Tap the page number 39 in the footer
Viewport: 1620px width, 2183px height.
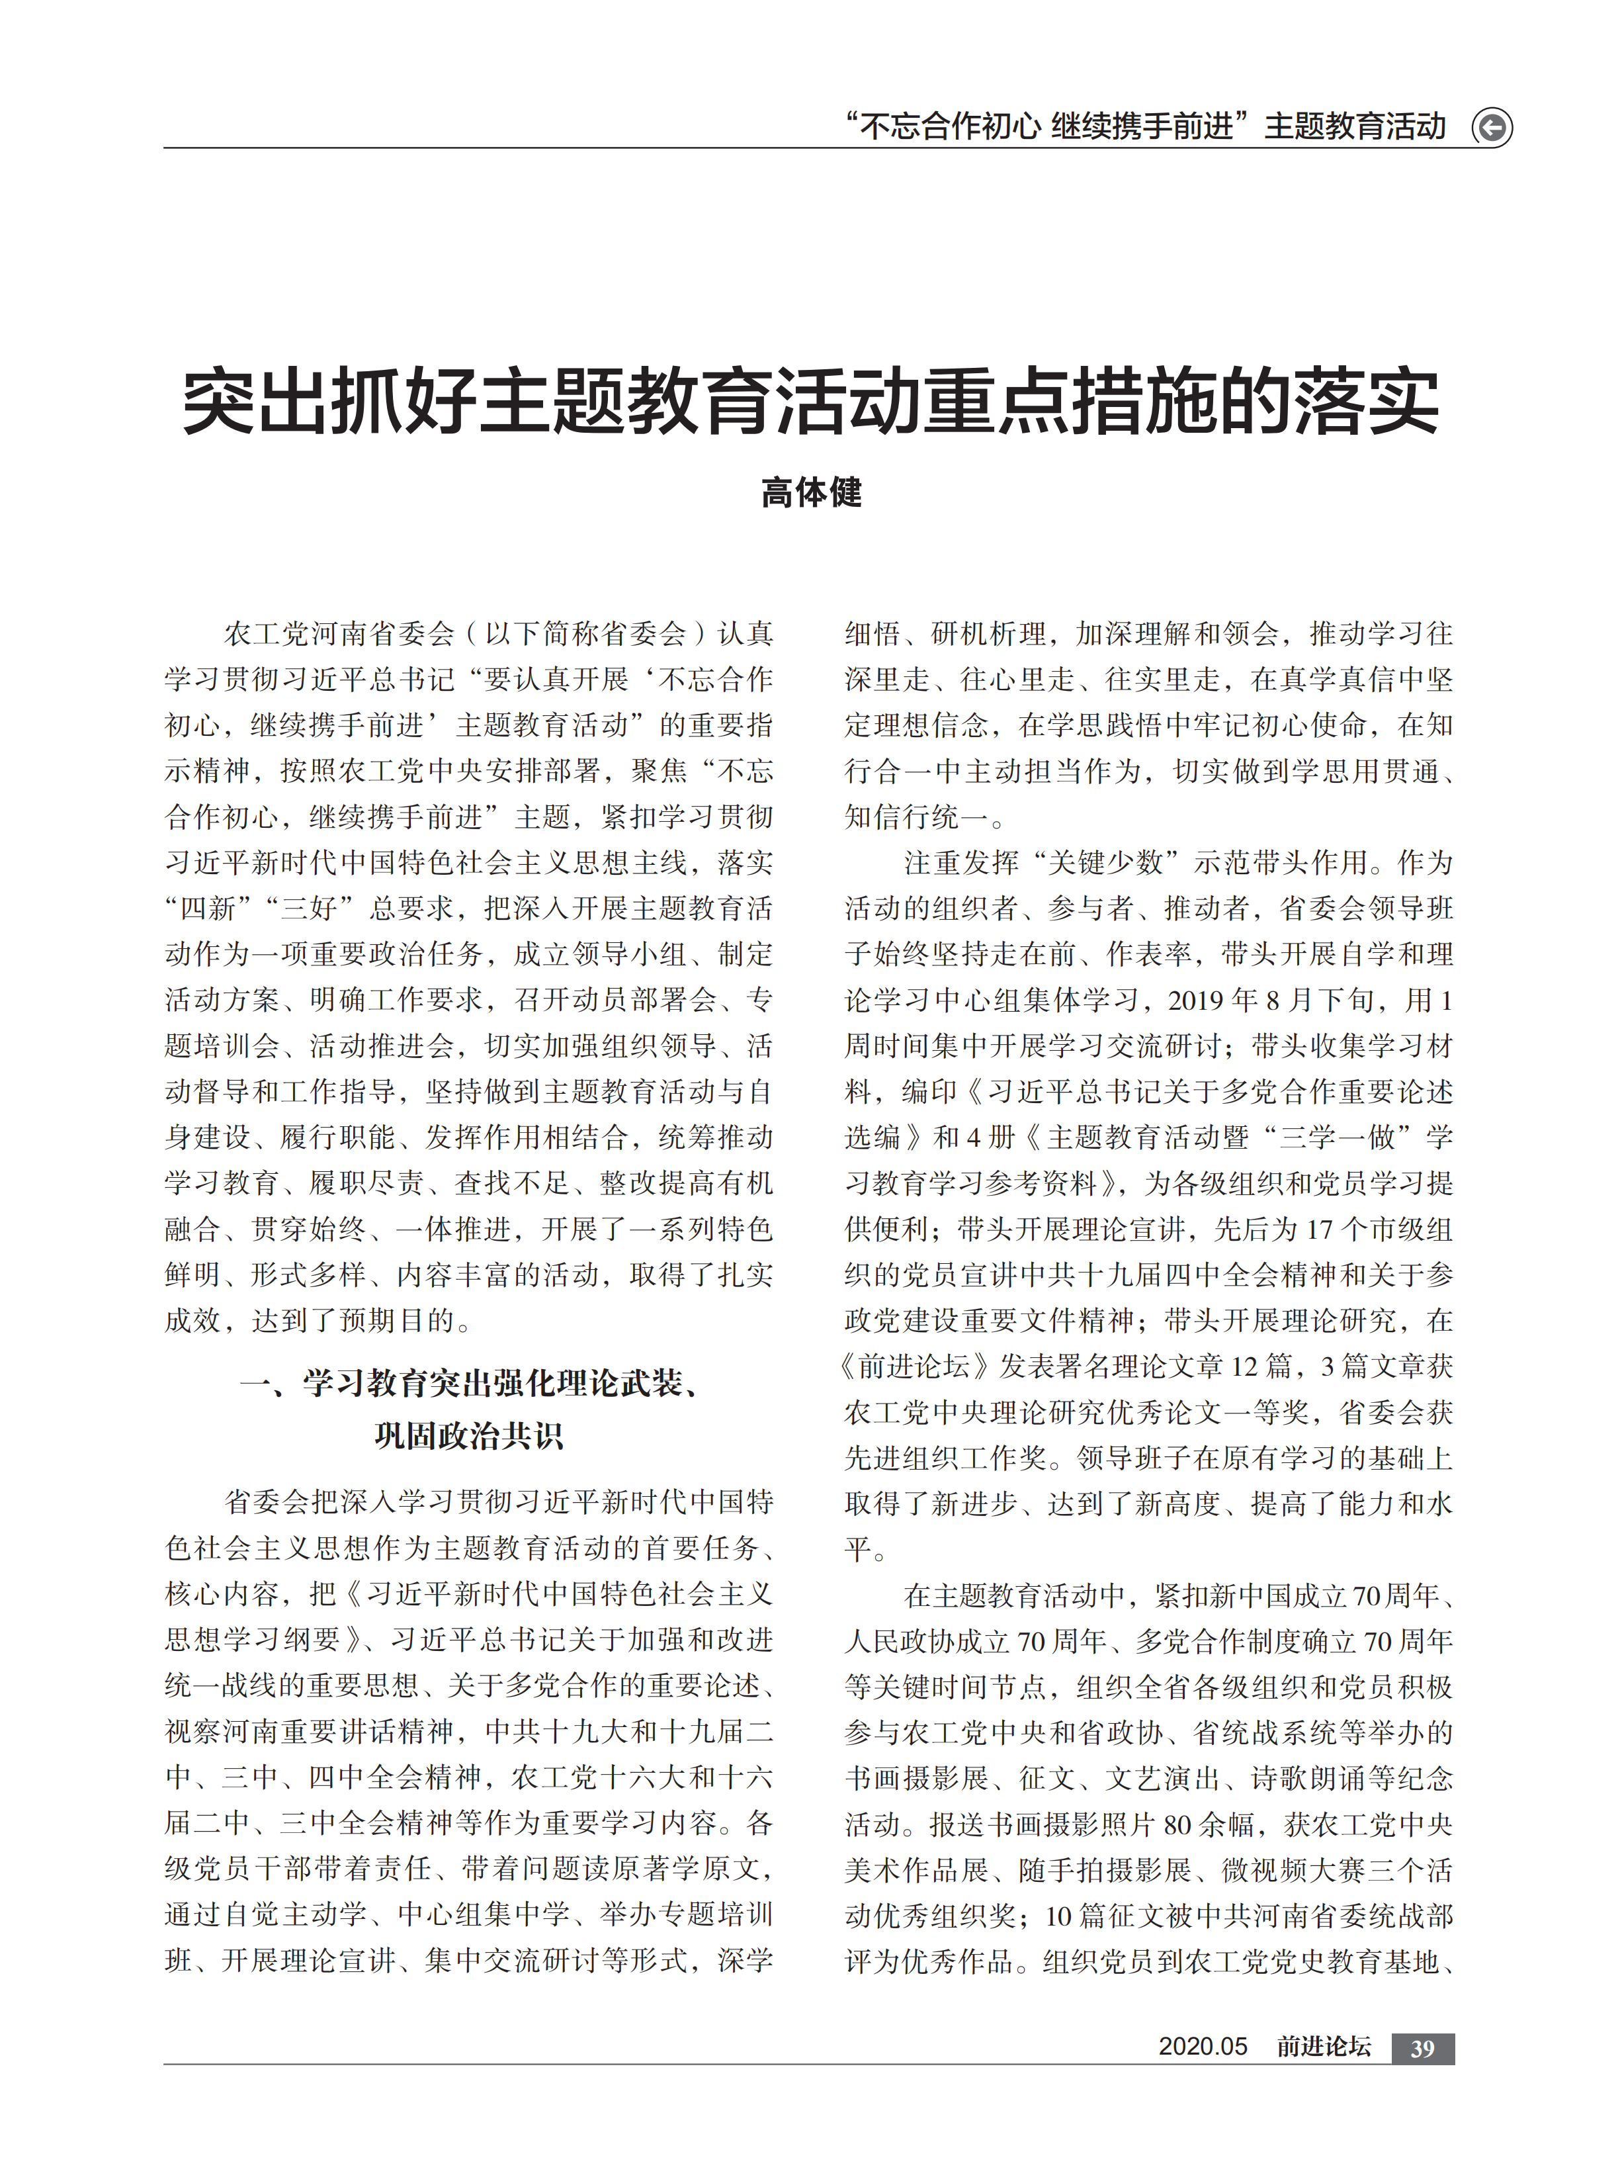(x=1422, y=2047)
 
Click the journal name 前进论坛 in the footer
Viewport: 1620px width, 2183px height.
(x=1323, y=2047)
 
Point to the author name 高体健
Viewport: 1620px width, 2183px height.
(x=811, y=492)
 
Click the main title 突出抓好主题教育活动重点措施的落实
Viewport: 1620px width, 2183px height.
(x=810, y=402)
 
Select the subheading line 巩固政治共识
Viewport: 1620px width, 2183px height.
(x=469, y=1436)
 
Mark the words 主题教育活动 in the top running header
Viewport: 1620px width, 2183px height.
(x=1355, y=126)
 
